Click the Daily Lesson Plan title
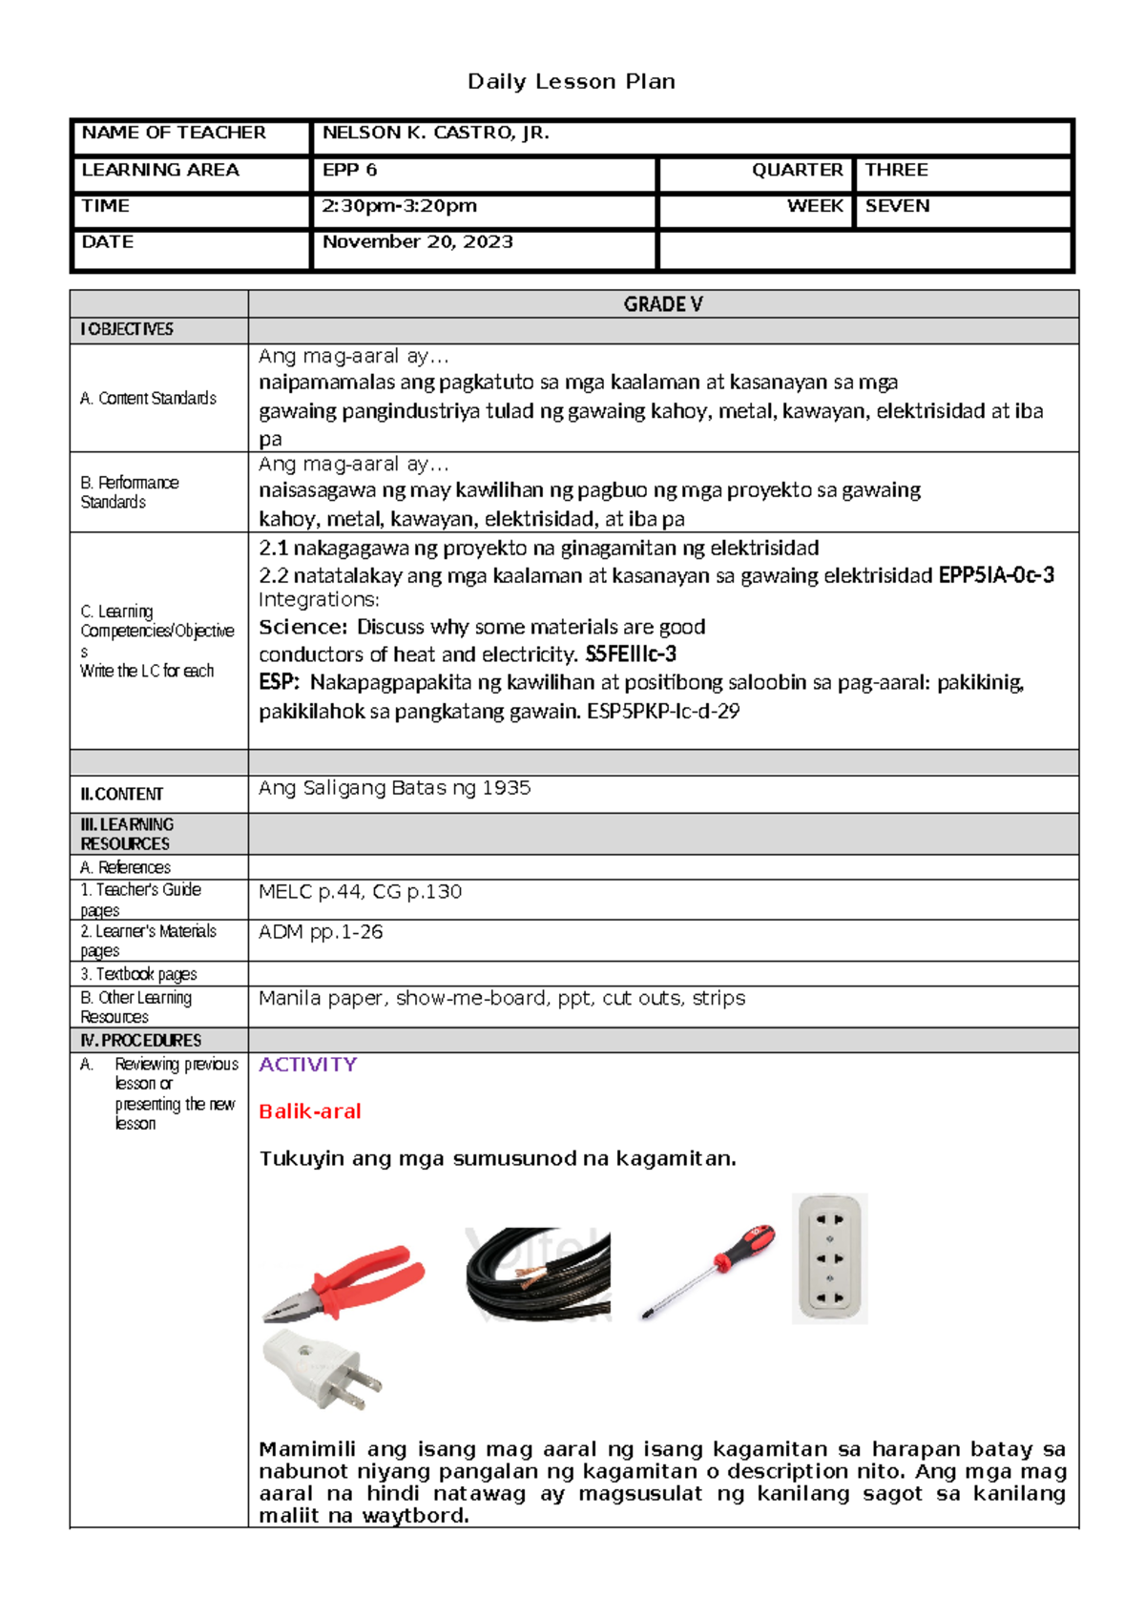[571, 82]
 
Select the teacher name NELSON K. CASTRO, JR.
[435, 134]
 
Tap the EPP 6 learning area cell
[349, 171]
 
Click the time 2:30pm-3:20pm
[399, 206]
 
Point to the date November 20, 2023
[417, 242]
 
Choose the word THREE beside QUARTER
[896, 171]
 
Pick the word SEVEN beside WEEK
[897, 206]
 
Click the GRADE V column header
[662, 304]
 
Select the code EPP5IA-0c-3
[996, 575]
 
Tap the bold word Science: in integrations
[302, 628]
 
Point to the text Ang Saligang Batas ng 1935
[394, 788]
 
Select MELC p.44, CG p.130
[360, 892]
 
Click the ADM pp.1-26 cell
[321, 932]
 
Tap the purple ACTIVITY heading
[307, 1065]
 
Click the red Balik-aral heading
[309, 1111]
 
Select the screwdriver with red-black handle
[709, 1271]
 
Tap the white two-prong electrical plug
[323, 1371]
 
